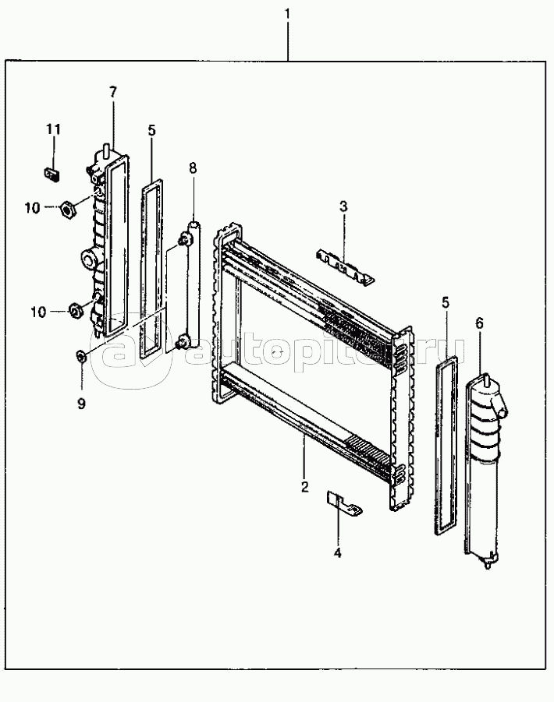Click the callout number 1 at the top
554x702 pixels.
pos(287,14)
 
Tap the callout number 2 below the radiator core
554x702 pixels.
pos(305,487)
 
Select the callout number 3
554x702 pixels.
pos(343,206)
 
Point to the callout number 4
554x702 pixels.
pos(338,553)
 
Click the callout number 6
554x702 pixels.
pos(479,323)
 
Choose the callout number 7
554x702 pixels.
pos(112,92)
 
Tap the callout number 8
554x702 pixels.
pos(192,168)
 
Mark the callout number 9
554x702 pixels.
pos(81,404)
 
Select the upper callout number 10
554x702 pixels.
pos(32,208)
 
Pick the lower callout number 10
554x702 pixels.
pos(38,312)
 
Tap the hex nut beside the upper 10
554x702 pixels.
pos(67,208)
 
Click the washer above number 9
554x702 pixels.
pos(81,357)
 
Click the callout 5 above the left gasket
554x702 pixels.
pos(151,131)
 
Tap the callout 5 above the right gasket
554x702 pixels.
pos(445,303)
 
